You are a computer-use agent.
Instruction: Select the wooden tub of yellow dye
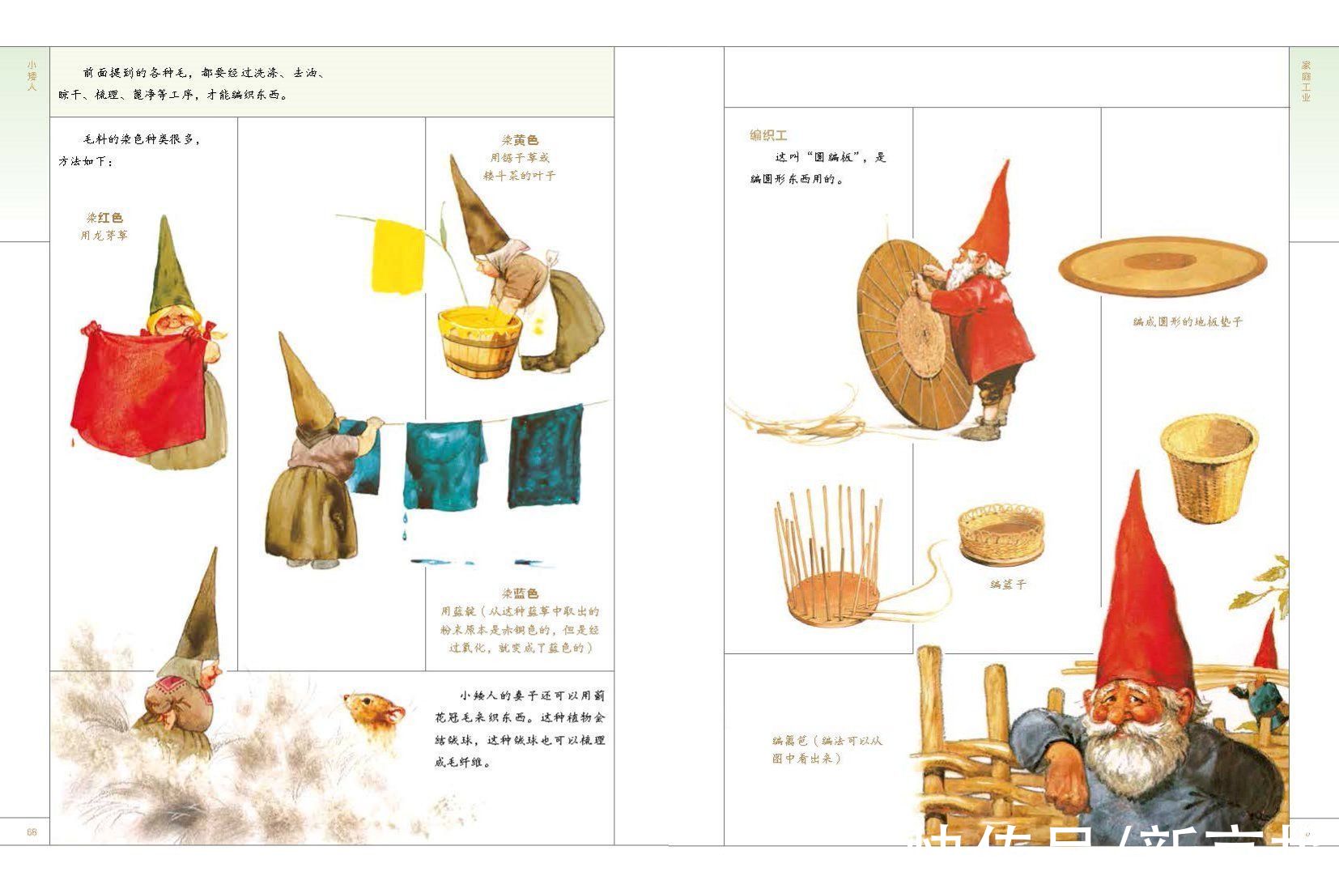[478, 342]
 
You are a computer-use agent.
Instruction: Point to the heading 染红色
[104, 218]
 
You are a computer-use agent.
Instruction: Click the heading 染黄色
[519, 140]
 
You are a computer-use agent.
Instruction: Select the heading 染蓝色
[520, 593]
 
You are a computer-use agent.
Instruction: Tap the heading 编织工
[768, 135]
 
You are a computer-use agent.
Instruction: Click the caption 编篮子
[1008, 584]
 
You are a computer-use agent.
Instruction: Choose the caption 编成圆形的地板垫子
[1187, 321]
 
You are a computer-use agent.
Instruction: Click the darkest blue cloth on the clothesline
[545, 457]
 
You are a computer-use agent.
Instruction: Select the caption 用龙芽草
[104, 236]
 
